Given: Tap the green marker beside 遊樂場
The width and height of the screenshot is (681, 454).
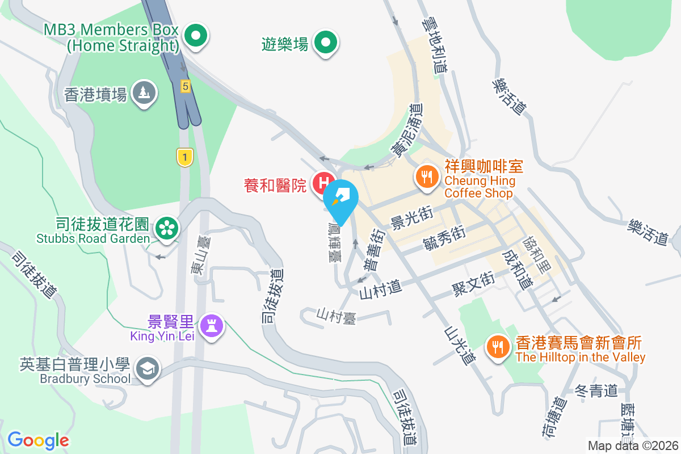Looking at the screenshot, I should coord(326,43).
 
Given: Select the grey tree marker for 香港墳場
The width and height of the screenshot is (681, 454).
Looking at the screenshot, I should coord(144,92).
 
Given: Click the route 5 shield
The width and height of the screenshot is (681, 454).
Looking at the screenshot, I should coord(185,86).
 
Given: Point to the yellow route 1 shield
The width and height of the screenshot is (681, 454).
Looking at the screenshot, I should coord(183,157).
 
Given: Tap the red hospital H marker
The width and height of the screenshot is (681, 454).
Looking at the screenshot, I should coord(323,183).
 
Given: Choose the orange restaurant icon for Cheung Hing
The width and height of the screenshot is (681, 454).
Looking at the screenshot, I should coord(426,176).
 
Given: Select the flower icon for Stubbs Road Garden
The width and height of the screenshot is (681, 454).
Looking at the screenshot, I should coord(167,228).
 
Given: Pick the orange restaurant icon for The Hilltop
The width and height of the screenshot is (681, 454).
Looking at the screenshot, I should coord(498,347).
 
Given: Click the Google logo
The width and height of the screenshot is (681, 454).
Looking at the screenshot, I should coord(38,440).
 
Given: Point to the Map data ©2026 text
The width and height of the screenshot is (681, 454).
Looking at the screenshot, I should coord(633,445).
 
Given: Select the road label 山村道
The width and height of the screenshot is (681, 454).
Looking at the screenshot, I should coord(381,290).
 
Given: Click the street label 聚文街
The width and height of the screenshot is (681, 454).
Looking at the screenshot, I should coord(473,281).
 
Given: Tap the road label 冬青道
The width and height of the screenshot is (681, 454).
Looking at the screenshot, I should coord(596,391).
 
